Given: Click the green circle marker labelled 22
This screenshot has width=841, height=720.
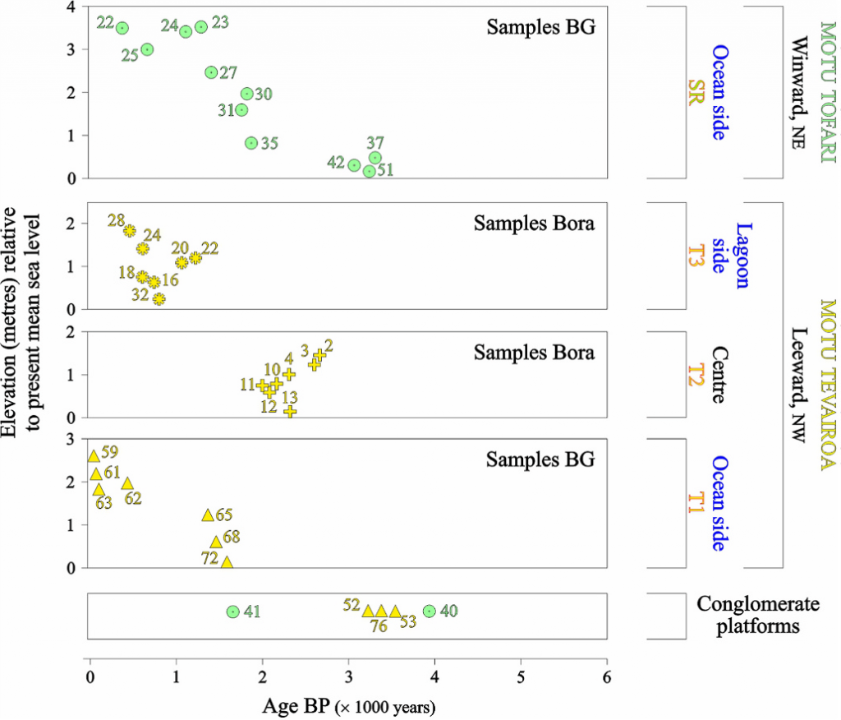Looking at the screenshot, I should pyautogui.click(x=122, y=28).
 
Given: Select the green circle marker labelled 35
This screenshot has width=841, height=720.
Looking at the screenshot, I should pyautogui.click(x=251, y=143).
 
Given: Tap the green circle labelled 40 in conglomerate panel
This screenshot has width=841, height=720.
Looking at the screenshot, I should pyautogui.click(x=429, y=611).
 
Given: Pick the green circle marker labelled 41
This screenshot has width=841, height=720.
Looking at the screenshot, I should pyautogui.click(x=232, y=612).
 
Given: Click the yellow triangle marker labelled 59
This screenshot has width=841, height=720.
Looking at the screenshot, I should pyautogui.click(x=94, y=456).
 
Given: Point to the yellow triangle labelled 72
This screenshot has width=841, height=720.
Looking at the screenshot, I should pyautogui.click(x=227, y=562).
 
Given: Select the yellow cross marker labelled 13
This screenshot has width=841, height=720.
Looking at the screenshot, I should pyautogui.click(x=290, y=411).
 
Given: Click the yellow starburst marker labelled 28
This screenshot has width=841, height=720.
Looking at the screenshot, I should pyautogui.click(x=129, y=231).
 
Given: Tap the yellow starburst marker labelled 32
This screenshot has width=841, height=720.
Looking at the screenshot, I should pyautogui.click(x=159, y=299).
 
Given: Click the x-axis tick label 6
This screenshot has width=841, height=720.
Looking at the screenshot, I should pyautogui.click(x=607, y=678).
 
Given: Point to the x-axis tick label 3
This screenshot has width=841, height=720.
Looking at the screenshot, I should pyautogui.click(x=348, y=678).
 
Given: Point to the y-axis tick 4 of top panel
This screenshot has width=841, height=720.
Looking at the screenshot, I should pyautogui.click(x=71, y=7).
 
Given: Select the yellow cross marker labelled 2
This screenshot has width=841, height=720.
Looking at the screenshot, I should pyautogui.click(x=319, y=356).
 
